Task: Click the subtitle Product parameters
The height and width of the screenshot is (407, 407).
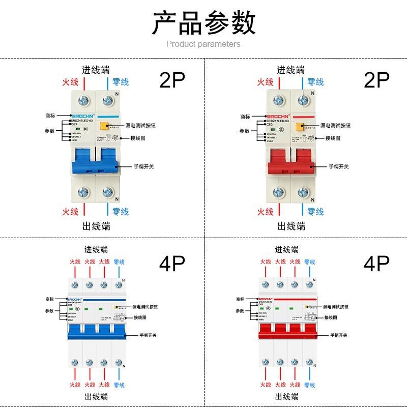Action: [203, 44]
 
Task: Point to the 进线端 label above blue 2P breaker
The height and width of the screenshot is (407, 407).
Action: [96, 70]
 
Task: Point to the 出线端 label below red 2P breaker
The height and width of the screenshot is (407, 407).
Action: [290, 226]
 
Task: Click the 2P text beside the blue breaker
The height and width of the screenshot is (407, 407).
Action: [172, 80]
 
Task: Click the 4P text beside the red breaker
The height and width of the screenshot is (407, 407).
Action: [376, 263]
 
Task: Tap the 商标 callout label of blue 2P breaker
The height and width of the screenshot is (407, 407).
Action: [50, 116]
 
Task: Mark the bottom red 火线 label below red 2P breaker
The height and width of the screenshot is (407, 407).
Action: [265, 212]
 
